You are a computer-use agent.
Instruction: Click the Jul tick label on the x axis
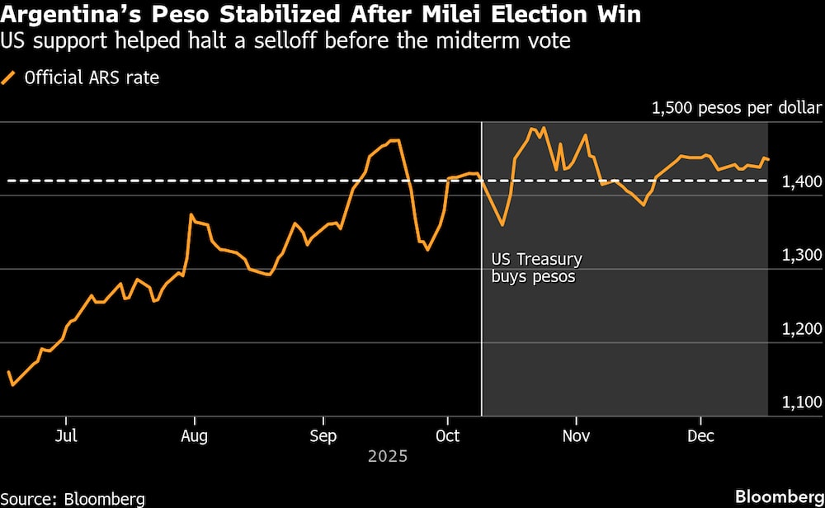click(67, 435)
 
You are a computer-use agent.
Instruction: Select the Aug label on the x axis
click(194, 435)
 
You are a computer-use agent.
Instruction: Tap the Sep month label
click(323, 435)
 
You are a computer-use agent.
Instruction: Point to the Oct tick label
click(446, 435)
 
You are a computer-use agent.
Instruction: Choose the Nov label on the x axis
click(575, 435)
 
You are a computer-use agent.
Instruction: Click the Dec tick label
click(700, 435)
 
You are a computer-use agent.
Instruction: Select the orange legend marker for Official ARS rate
click(10, 79)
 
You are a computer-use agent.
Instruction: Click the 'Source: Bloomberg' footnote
click(73, 498)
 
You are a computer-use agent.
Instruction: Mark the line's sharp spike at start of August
click(191, 215)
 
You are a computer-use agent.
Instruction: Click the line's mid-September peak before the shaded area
click(394, 140)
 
